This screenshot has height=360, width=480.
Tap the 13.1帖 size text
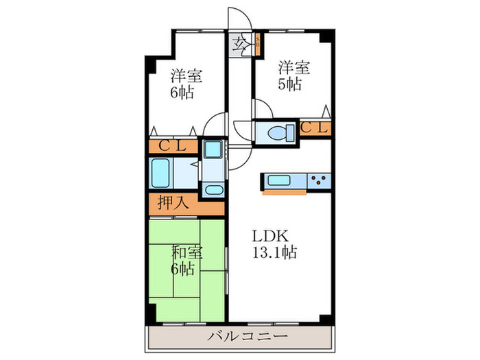tap(272, 253)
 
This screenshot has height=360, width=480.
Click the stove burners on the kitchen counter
tap(319, 181)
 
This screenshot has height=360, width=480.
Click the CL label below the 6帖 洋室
tap(173, 146)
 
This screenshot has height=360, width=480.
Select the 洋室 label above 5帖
tap(293, 68)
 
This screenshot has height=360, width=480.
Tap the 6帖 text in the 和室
tap(182, 269)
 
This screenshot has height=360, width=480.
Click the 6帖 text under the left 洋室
tap(182, 93)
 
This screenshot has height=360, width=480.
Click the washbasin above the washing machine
tap(213, 149)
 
